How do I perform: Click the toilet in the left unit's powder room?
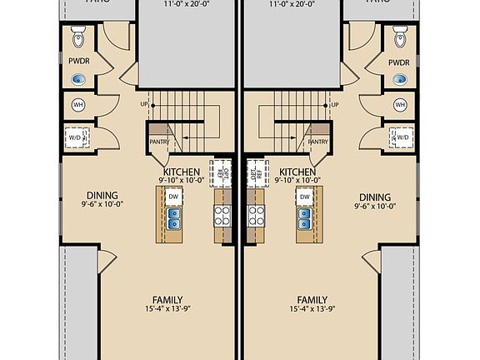(x=79, y=37)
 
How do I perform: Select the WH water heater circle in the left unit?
(x=79, y=105)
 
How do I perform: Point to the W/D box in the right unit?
(x=402, y=137)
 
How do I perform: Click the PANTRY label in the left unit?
(x=159, y=142)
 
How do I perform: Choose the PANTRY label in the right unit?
(x=317, y=142)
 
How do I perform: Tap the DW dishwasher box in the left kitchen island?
(x=173, y=197)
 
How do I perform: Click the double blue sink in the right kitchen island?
(x=304, y=219)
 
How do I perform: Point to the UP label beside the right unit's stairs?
(x=333, y=105)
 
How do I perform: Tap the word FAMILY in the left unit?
(x=167, y=300)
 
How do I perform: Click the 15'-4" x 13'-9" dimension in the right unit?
(x=312, y=310)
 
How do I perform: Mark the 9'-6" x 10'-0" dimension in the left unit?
(x=102, y=202)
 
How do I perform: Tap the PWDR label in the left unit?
(x=78, y=62)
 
